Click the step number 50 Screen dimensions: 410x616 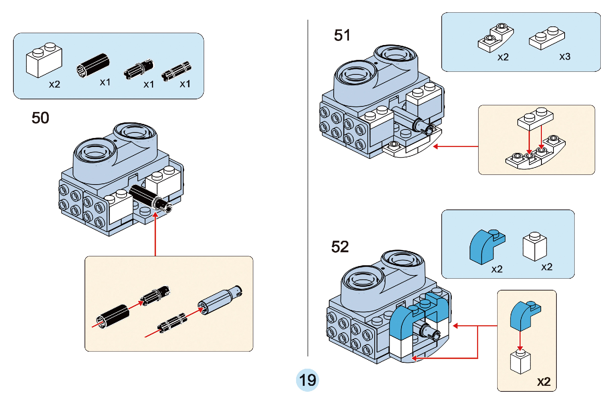(x=40, y=118)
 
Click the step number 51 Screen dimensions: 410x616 (x=342, y=35)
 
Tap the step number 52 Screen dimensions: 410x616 (x=340, y=247)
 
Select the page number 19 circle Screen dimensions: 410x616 (x=307, y=380)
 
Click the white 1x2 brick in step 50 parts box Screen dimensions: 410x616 (x=44, y=60)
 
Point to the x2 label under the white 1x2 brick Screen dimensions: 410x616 (x=54, y=84)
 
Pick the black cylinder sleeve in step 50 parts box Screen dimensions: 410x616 (x=93, y=65)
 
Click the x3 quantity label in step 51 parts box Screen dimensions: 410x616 (x=565, y=57)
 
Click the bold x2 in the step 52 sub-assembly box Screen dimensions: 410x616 (x=543, y=382)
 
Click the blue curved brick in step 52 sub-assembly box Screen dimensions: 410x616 (x=524, y=315)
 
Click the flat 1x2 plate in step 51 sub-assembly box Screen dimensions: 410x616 (x=535, y=119)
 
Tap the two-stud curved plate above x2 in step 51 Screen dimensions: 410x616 (x=495, y=38)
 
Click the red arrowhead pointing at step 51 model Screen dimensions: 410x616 (x=435, y=147)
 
